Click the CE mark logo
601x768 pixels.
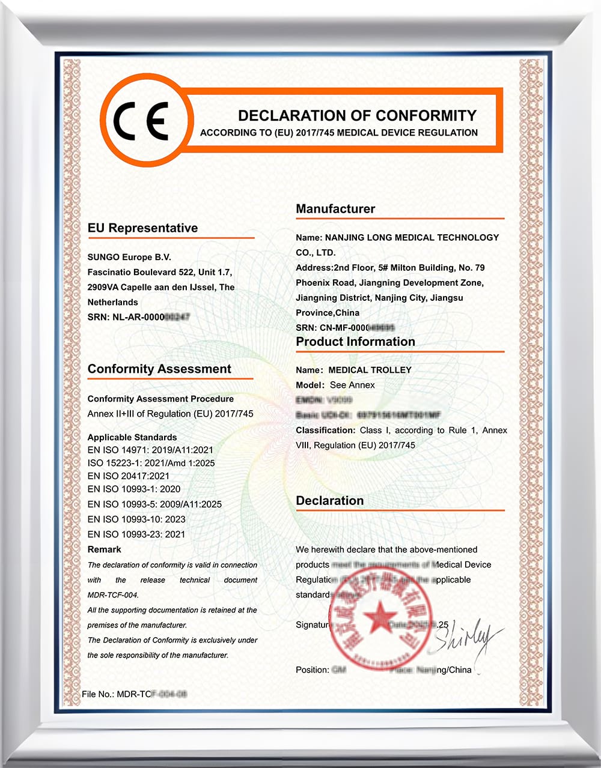(143, 121)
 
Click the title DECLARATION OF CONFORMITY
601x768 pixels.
(357, 115)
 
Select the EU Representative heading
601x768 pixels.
(142, 228)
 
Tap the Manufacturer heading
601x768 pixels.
(335, 209)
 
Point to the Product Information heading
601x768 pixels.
(355, 342)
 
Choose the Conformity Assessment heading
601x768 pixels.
(159, 369)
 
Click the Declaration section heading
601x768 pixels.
(329, 501)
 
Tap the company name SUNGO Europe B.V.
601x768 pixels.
(129, 257)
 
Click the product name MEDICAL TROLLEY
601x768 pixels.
(370, 370)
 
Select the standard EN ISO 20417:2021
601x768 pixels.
(129, 476)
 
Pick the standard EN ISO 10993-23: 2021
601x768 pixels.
(136, 534)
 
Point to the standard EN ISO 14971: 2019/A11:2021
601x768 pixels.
(150, 450)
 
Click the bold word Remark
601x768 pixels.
(105, 549)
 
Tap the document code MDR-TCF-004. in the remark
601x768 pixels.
(113, 595)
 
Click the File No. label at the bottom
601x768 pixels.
(98, 694)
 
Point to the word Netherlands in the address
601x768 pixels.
(113, 302)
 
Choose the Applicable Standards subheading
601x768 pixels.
(132, 437)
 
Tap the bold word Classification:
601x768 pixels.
(326, 431)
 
